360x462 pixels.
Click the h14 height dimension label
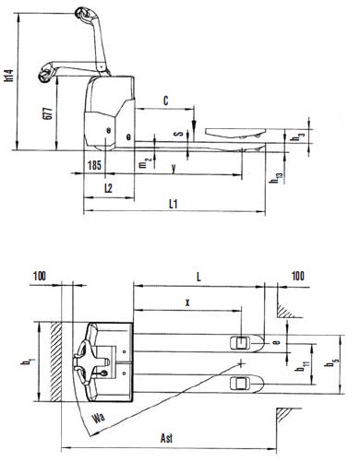pyautogui.click(x=10, y=76)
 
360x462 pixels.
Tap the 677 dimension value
pyautogui.click(x=49, y=113)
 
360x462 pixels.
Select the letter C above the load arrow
pyautogui.click(x=166, y=101)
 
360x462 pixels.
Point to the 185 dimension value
pyautogui.click(x=94, y=165)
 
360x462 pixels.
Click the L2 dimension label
pyautogui.click(x=108, y=188)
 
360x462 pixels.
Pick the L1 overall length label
pyautogui.click(x=174, y=204)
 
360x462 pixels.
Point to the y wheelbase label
pyautogui.click(x=174, y=168)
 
